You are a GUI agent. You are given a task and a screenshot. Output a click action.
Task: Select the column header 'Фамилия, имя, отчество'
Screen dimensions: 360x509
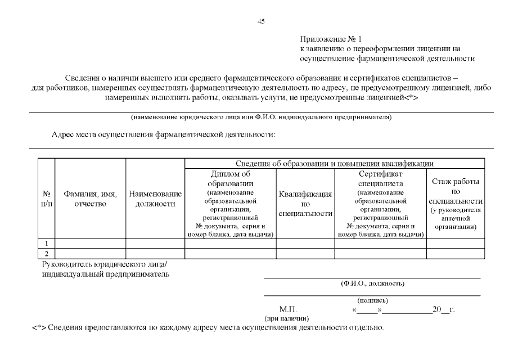click(x=90, y=199)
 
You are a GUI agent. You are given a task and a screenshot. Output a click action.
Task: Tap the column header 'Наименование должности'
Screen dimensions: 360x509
click(x=155, y=199)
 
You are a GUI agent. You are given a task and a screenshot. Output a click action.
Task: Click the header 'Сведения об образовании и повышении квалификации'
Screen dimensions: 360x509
click(x=334, y=163)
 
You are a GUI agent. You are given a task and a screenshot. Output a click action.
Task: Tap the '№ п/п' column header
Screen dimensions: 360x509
click(x=47, y=199)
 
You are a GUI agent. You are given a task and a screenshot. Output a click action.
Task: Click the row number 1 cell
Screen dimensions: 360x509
click(x=47, y=244)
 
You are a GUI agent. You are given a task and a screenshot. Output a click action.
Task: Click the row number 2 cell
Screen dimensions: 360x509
click(x=47, y=254)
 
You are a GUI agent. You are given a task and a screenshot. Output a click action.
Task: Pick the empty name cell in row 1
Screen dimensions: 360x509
click(x=90, y=244)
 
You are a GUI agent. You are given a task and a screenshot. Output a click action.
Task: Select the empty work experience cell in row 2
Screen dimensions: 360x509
click(x=455, y=254)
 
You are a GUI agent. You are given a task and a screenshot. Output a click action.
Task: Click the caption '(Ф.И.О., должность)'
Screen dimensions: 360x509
click(x=372, y=283)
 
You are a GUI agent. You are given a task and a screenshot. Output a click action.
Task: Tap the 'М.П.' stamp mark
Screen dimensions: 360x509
click(x=287, y=310)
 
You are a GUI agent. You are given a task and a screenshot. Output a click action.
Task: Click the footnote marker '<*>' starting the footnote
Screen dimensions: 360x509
click(x=38, y=328)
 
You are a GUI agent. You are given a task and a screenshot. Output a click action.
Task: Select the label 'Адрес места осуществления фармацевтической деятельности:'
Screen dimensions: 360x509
click(x=163, y=135)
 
